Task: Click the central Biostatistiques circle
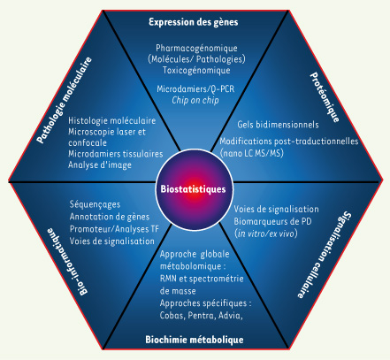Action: tap(194, 189)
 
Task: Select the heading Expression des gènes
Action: tap(194, 22)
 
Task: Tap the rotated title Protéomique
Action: tap(325, 97)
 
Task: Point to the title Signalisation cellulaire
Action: tap(325, 255)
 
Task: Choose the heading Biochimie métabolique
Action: tap(195, 340)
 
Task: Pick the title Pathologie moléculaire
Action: tap(65, 100)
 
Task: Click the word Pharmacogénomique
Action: tap(196, 48)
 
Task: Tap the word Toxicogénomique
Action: tap(196, 70)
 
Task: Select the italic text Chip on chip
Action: tap(195, 100)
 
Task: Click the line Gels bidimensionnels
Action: tap(278, 125)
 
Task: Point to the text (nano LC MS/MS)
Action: tap(252, 153)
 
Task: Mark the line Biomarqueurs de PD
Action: tap(272, 221)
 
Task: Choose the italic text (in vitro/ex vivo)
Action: tap(266, 234)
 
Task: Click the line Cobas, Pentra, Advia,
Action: tap(202, 316)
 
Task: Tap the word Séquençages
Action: tap(95, 204)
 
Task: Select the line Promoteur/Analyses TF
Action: tap(114, 229)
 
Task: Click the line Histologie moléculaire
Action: tap(112, 120)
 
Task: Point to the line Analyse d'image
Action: tap(100, 165)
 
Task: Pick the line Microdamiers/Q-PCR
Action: tap(195, 88)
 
